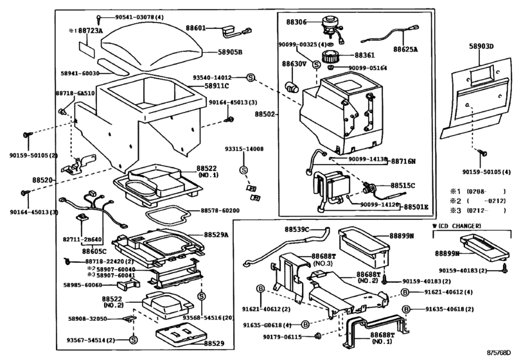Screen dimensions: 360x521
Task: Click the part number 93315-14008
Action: (243, 148)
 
